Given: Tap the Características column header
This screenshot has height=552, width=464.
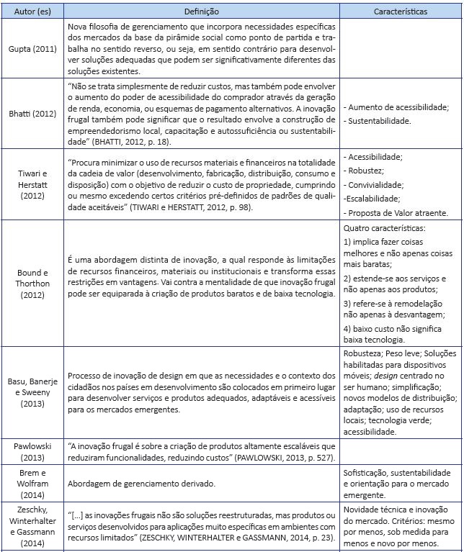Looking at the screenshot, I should tap(401, 12).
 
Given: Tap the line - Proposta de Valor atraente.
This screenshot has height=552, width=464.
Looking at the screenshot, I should tap(396, 212).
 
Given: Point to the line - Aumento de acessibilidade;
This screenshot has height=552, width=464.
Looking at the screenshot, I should tap(396, 107).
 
